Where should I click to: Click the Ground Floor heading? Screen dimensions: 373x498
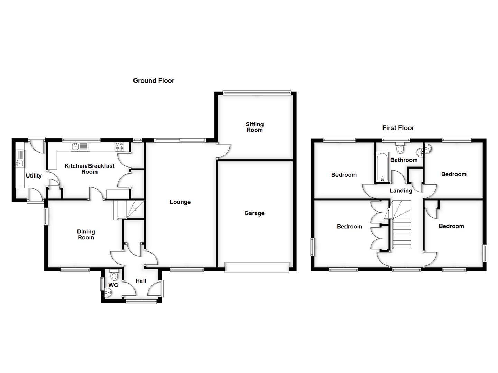coord(154,81)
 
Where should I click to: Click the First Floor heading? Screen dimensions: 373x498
coord(398,128)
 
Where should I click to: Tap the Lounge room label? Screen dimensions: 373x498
coord(180,202)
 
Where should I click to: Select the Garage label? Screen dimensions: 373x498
coord(254,213)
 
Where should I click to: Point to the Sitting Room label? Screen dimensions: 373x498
coord(255,127)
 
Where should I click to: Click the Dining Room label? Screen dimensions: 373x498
coord(86,235)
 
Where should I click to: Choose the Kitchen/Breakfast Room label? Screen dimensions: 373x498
coord(90,169)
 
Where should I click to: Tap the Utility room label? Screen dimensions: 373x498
coord(34,176)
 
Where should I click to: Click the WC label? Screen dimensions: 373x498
coord(113,285)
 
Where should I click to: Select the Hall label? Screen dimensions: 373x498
coord(141,281)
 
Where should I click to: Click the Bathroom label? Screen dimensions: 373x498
coord(404,160)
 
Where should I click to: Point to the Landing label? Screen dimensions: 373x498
coord(401,191)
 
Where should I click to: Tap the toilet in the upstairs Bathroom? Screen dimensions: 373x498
coord(400,148)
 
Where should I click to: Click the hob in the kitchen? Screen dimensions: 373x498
coord(120,147)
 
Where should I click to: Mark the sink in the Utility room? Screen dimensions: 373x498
coord(20,163)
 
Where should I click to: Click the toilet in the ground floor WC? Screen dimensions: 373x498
coord(114,275)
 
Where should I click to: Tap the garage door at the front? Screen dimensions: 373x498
coord(257,268)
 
